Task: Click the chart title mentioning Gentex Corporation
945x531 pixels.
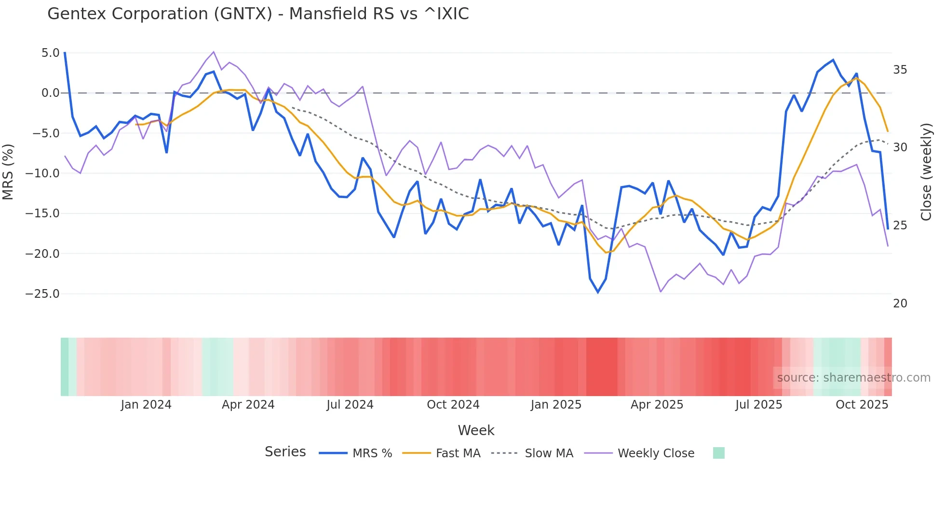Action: [258, 14]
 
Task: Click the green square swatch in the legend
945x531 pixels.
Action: [718, 453]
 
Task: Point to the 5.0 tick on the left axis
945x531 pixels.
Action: [51, 53]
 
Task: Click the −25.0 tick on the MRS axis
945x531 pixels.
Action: [42, 294]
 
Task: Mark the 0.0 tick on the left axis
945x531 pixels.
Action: [51, 93]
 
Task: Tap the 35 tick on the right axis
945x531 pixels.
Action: [900, 70]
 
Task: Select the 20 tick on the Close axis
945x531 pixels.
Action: [900, 304]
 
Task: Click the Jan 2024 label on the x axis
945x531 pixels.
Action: [146, 405]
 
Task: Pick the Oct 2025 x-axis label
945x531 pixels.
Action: [862, 405]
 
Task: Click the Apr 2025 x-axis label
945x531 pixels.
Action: [657, 405]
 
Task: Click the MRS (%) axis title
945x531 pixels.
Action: [8, 172]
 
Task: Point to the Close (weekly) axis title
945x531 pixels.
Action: [926, 172]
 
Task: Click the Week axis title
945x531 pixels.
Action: [476, 430]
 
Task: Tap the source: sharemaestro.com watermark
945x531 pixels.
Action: [853, 378]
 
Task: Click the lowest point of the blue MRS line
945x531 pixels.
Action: [598, 292]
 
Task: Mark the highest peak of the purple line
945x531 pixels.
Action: [214, 52]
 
